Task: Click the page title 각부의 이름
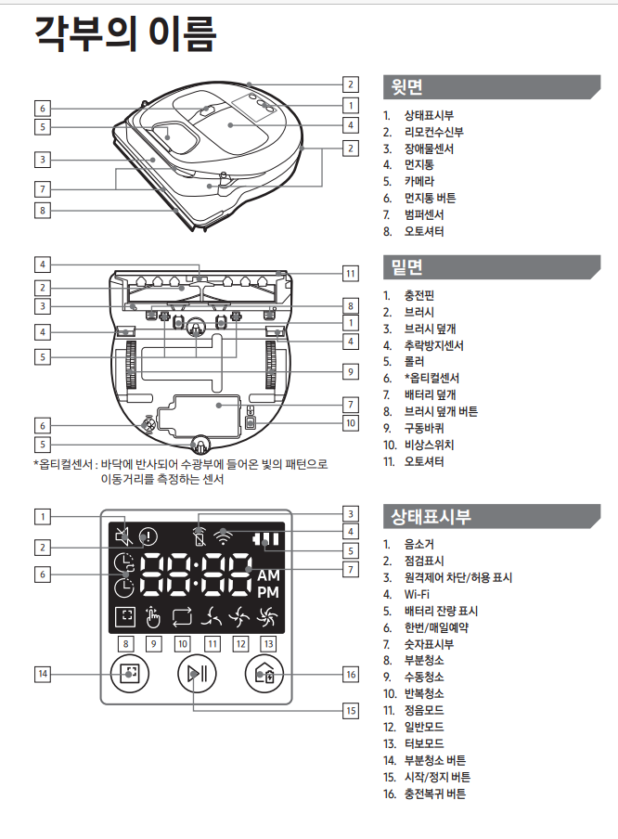(x=125, y=34)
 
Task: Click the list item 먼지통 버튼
(x=429, y=198)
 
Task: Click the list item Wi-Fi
(x=418, y=594)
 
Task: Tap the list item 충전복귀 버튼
(x=434, y=794)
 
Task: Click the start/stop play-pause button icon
(x=194, y=675)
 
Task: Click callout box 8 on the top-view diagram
(x=43, y=211)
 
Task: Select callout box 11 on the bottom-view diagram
(x=349, y=273)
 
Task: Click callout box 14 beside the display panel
(x=43, y=673)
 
